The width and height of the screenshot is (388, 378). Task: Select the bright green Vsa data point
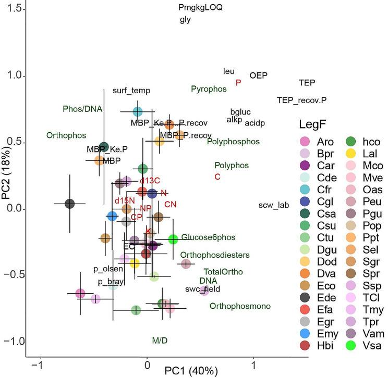tap(174, 239)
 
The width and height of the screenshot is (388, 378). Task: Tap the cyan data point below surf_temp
tap(138, 111)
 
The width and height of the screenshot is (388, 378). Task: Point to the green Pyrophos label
tap(209, 89)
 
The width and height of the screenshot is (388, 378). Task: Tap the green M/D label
tap(160, 341)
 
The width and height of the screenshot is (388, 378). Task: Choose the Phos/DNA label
tap(82, 109)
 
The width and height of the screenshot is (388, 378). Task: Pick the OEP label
tap(258, 75)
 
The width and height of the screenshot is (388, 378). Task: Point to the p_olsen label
tap(108, 269)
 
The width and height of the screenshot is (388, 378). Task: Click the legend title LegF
tap(313, 124)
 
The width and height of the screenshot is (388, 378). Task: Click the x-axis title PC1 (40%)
tap(188, 371)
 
